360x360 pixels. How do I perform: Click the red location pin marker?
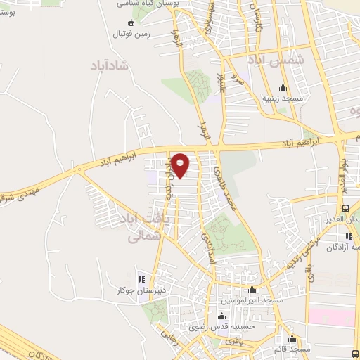pos(180,165)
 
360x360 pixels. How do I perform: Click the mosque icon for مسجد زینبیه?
pos(283,88)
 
